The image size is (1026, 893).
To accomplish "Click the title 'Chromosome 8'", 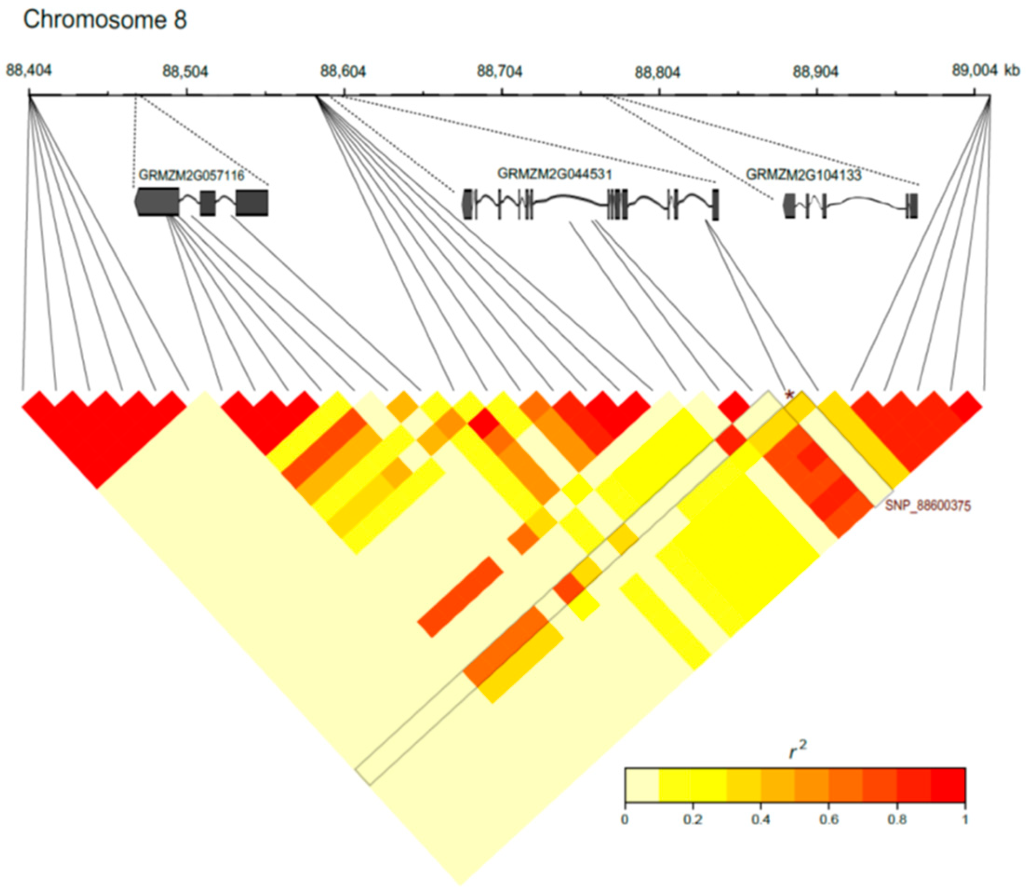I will coord(105,20).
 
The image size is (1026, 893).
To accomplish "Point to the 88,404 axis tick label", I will coord(29,71).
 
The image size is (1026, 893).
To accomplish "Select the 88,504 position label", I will coord(186,72).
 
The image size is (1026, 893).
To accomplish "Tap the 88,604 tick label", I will coord(343,72).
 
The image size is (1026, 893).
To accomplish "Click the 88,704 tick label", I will coord(500,72).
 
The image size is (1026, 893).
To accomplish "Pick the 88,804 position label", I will coord(657,73).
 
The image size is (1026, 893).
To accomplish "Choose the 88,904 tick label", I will coord(815,73).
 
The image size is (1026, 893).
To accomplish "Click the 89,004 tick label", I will coord(973,71).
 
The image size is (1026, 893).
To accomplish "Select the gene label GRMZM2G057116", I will coord(191,175).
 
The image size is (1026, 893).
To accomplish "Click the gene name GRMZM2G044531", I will coord(554,173).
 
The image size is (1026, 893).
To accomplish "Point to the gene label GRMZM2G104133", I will coord(803,175).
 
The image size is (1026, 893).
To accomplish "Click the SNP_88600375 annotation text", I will coord(927,506).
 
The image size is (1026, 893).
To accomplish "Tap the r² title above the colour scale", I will coord(798,749).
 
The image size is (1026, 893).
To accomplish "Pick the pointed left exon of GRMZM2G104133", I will coord(789,205).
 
